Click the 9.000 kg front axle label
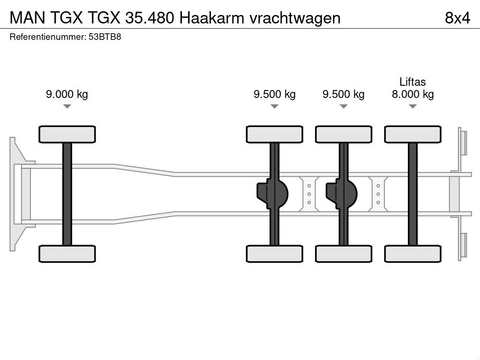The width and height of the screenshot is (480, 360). [x=67, y=94]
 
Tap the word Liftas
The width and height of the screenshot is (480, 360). [x=412, y=82]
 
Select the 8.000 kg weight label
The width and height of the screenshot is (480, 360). [x=412, y=94]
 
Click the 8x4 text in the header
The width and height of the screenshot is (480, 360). [x=457, y=18]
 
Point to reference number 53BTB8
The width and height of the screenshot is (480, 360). [x=105, y=37]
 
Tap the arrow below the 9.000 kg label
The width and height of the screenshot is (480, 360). [x=67, y=107]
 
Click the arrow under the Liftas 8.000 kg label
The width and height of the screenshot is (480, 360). [x=412, y=107]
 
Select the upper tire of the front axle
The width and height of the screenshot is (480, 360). [x=67, y=134]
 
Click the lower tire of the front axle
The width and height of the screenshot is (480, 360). [x=67, y=254]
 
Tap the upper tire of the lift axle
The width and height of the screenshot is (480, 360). [x=412, y=134]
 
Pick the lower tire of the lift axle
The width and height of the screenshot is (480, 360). [x=412, y=254]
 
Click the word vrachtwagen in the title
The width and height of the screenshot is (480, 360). [x=295, y=18]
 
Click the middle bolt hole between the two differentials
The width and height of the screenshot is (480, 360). [x=309, y=194]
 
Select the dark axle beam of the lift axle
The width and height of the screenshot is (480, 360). [x=412, y=194]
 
